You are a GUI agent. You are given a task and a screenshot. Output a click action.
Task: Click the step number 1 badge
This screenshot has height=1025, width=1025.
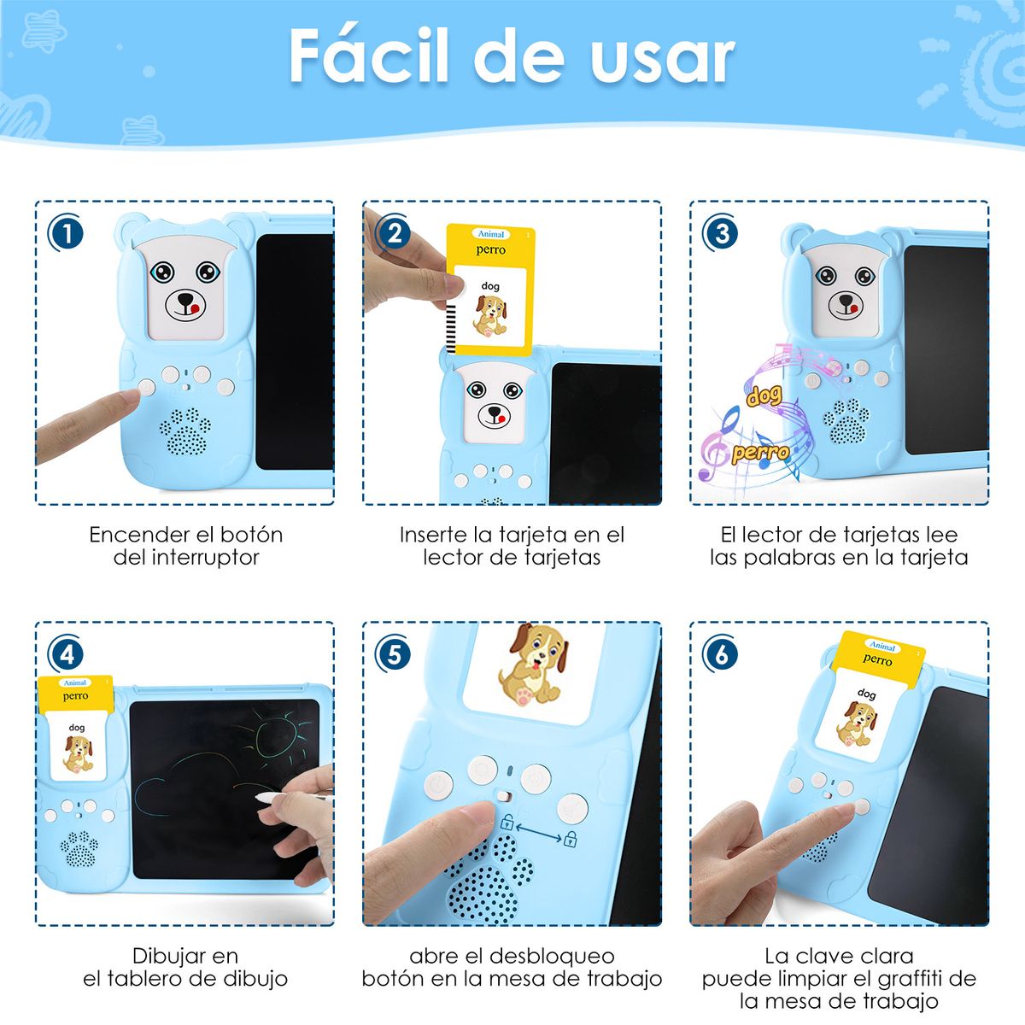coord(67,233)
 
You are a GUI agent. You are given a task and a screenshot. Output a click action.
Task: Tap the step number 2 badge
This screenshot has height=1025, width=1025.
coord(394,233)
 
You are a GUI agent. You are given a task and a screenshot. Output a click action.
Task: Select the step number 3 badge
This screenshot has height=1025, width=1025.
coord(722,233)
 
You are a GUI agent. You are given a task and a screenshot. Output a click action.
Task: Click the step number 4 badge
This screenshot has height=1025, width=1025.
coord(67,655)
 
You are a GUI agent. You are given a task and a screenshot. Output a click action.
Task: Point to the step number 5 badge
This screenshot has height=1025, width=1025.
coord(394,655)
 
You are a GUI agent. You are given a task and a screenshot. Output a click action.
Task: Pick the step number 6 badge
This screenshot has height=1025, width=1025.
coord(722,655)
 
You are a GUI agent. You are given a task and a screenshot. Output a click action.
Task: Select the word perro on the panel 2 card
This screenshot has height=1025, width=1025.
coord(490,250)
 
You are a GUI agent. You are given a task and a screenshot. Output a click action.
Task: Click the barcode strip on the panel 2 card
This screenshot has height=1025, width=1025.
coord(450,319)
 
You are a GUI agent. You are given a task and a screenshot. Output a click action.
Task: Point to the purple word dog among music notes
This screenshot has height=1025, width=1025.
coord(764,395)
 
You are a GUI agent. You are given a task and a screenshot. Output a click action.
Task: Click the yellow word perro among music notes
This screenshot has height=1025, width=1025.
coord(759,452)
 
